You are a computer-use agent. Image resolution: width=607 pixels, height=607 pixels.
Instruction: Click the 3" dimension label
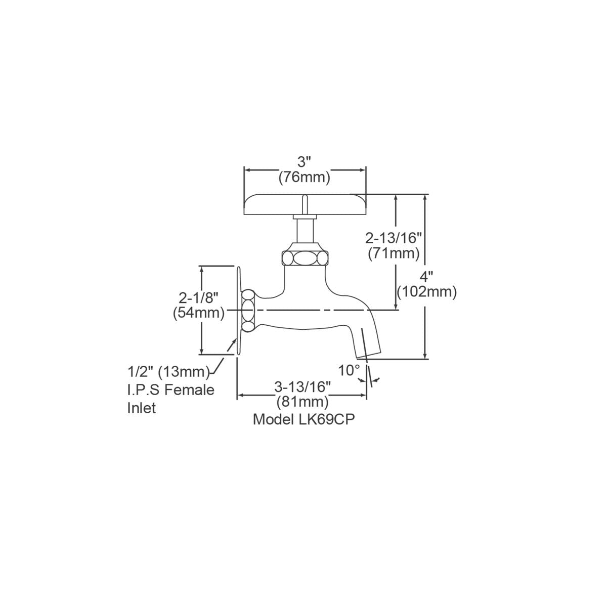[x=304, y=162]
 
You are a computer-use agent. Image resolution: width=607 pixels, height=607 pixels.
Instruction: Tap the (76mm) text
[x=305, y=178]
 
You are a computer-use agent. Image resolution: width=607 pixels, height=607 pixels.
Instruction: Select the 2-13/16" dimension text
[x=394, y=238]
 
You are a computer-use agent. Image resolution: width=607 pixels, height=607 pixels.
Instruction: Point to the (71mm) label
[x=394, y=253]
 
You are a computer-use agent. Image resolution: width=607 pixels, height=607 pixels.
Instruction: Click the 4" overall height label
[x=426, y=277]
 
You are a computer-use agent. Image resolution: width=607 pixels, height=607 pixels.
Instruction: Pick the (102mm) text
[x=427, y=292]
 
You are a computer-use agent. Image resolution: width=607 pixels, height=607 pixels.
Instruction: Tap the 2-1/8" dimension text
[x=199, y=297]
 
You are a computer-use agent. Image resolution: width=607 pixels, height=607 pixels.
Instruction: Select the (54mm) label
[x=199, y=313]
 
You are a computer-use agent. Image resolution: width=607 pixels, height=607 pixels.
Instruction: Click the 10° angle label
[x=349, y=370]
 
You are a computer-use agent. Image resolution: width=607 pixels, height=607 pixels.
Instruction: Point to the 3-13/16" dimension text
[x=302, y=387]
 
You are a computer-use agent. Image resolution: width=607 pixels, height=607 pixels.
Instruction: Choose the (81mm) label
[x=302, y=402]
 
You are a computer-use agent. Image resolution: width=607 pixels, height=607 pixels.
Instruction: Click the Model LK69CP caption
[x=304, y=419]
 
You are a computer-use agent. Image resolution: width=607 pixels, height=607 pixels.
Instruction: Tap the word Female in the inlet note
[x=190, y=390]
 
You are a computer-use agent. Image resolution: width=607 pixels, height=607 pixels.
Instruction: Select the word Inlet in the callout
[x=142, y=408]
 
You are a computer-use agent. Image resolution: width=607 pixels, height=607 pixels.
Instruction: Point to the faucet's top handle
[x=305, y=204]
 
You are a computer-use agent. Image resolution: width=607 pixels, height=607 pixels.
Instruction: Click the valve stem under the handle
[x=305, y=232]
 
